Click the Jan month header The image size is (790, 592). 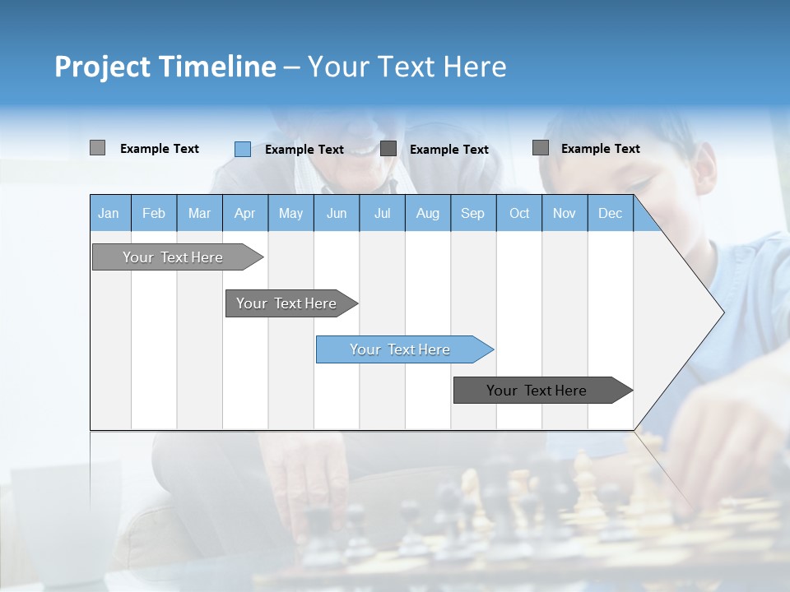pyautogui.click(x=109, y=213)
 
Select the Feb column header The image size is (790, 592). pyautogui.click(x=154, y=213)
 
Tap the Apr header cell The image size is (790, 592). pyautogui.click(x=244, y=213)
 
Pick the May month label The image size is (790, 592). pyautogui.click(x=290, y=213)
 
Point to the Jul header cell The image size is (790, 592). pyautogui.click(x=382, y=213)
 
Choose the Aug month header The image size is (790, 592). pyautogui.click(x=427, y=213)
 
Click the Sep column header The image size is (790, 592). pyautogui.click(x=472, y=213)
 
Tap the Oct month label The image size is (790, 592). pyautogui.click(x=519, y=213)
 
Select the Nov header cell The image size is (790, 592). pyautogui.click(x=565, y=213)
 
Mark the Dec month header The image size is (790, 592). pyautogui.click(x=610, y=213)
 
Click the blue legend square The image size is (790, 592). pyautogui.click(x=243, y=149)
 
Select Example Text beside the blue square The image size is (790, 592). pyautogui.click(x=304, y=150)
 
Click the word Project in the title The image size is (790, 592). pyautogui.click(x=102, y=67)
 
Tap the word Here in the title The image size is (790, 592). pyautogui.click(x=475, y=67)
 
